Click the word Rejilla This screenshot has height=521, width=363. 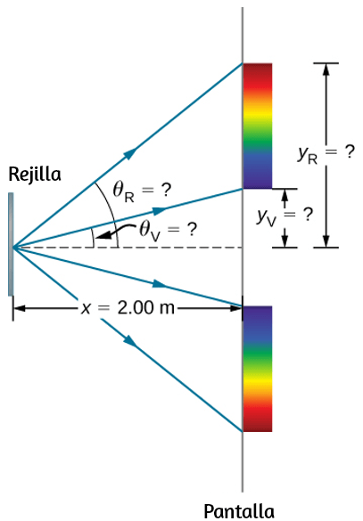[35, 175]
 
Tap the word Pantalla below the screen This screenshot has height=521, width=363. [239, 511]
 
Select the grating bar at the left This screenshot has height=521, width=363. [11, 244]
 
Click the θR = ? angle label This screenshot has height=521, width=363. [142, 191]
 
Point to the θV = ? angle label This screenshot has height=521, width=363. [168, 231]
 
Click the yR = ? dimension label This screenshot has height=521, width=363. [326, 154]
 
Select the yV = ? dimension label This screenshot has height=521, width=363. [285, 216]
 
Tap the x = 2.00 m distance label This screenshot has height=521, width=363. [128, 308]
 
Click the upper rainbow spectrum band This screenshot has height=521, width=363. [258, 126]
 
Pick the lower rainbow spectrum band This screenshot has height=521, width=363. [258, 369]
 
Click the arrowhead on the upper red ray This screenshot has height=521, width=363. [131, 154]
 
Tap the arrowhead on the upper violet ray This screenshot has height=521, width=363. [160, 211]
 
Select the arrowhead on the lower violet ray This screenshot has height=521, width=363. [160, 284]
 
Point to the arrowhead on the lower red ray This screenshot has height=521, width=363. [130, 341]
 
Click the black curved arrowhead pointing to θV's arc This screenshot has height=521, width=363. [103, 236]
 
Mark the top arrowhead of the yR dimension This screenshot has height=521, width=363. [326, 69]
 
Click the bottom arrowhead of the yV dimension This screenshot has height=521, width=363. [285, 240]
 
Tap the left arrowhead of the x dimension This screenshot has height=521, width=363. [20, 308]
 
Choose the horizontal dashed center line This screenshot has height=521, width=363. [128, 248]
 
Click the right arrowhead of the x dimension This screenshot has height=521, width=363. [235, 308]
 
